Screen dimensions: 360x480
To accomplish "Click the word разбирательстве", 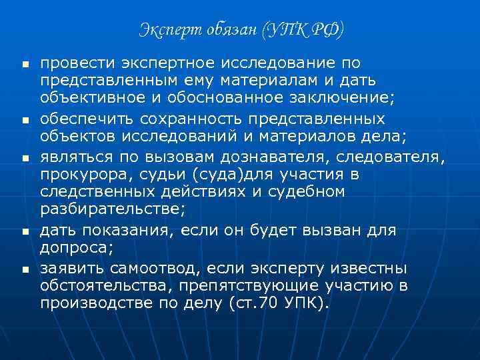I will (x=109, y=211).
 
